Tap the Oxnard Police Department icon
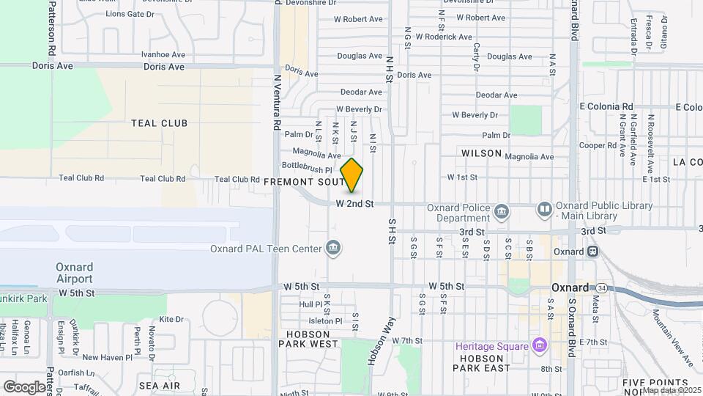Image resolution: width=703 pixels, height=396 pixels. coord(502,212)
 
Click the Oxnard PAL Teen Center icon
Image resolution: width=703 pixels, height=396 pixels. coord(333,248)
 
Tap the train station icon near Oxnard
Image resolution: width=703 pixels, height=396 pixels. coord(592,252)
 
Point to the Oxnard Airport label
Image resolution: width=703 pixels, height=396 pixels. coord(75,272)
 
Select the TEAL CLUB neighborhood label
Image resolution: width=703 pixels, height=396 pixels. coord(159,123)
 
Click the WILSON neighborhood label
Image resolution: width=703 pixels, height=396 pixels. coord(481,153)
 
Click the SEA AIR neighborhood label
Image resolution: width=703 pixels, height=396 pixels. coord(159,385)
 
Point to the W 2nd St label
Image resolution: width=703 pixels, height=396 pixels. coord(355,203)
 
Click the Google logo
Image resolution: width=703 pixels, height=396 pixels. coord(24,386)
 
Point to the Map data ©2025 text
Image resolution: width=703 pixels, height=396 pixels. coord(672,390)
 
